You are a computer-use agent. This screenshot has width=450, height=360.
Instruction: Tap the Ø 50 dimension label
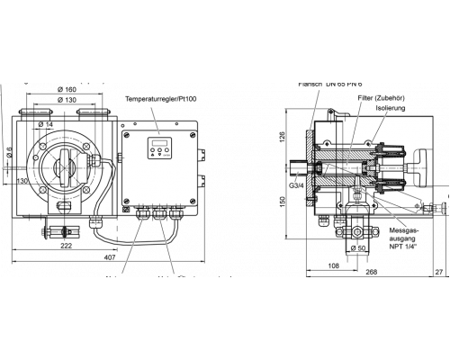tap(355, 248)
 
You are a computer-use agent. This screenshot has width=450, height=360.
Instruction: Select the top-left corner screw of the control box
tap(126, 135)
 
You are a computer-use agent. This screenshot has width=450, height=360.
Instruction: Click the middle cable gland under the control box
tap(159, 213)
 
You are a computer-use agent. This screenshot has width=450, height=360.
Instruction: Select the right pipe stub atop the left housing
tap(93, 114)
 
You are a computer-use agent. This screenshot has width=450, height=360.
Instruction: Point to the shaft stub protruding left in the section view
tap(300, 167)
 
